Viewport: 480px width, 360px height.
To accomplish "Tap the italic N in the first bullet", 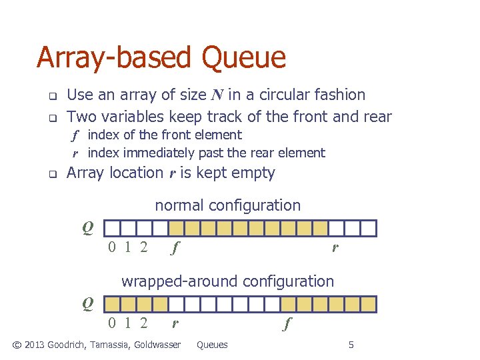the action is (217, 95).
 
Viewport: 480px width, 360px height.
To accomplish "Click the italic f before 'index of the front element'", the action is (76, 135).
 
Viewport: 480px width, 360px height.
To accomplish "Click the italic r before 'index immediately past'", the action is (76, 153).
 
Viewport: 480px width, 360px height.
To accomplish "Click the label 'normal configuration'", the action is (228, 205).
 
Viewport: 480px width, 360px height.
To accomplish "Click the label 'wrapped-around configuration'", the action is (227, 281).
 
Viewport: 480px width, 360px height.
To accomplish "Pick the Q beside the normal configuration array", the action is (87, 228).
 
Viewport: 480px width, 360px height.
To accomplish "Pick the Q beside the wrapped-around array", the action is (87, 304).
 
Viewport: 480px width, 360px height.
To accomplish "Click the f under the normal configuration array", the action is (175, 249).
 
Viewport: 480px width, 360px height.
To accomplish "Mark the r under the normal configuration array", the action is (335, 249).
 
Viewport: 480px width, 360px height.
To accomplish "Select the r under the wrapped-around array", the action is (175, 325).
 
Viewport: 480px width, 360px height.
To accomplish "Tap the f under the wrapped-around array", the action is (287, 325).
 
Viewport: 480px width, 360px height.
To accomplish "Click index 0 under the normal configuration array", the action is (113, 249).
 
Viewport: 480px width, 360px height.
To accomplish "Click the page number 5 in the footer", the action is (351, 345).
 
